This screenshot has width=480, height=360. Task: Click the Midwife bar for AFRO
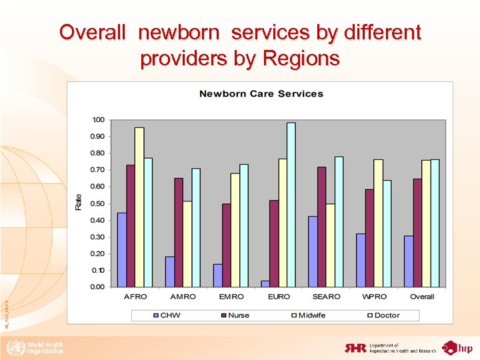[x=139, y=207]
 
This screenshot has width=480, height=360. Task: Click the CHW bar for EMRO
[x=217, y=275]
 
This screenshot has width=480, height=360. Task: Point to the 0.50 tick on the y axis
[x=97, y=203]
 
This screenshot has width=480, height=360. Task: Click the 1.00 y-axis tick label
[x=97, y=120]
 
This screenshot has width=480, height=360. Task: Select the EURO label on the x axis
[x=279, y=297]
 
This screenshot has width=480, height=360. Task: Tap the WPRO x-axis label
[x=374, y=297]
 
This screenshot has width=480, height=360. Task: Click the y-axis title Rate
[x=79, y=202]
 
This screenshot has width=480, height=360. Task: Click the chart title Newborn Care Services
[x=261, y=94]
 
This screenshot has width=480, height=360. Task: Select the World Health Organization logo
[x=35, y=347]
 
